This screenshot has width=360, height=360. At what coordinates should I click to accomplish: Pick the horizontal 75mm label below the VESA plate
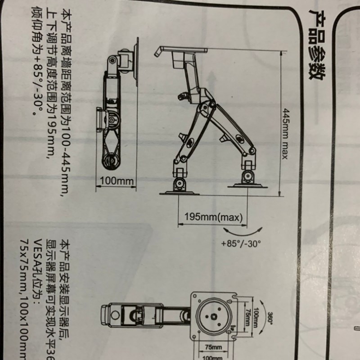click(x=213, y=347)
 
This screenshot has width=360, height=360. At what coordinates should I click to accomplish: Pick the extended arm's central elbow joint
click(x=205, y=108)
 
